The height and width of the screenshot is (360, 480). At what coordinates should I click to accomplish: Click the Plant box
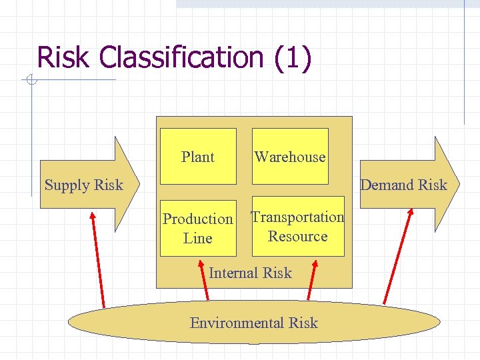(198, 156)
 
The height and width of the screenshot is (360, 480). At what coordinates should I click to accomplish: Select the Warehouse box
(290, 156)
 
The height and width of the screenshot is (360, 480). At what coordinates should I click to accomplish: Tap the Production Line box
(198, 228)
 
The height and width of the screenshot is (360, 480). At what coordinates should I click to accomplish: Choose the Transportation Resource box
(298, 226)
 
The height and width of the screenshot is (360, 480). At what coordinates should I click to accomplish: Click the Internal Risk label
(250, 273)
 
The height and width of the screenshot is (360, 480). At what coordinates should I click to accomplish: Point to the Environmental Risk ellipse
(254, 323)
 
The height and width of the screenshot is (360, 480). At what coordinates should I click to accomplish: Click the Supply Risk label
(84, 185)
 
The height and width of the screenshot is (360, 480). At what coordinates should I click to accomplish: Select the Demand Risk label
(403, 185)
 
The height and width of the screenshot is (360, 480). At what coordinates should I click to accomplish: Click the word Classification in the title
(182, 57)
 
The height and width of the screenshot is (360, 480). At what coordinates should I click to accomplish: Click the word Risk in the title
(63, 57)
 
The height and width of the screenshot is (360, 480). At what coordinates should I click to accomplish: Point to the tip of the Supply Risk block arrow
(138, 184)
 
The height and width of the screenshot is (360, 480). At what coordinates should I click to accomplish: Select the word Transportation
(298, 217)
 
